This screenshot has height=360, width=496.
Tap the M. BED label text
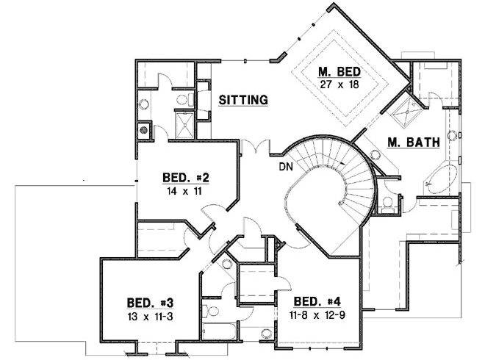click(x=337, y=71)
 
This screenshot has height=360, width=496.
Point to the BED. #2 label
click(x=187, y=177)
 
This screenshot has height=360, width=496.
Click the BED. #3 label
click(x=149, y=303)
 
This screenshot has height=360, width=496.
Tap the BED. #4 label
click(x=317, y=301)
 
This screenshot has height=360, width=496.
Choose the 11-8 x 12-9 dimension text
click(x=317, y=314)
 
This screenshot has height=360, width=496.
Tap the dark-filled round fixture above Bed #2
click(x=144, y=131)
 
